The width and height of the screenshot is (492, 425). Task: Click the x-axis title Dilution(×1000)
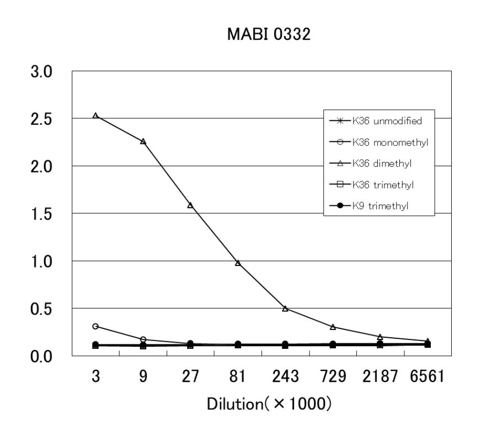click(269, 403)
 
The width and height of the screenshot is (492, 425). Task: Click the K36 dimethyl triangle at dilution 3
click(95, 116)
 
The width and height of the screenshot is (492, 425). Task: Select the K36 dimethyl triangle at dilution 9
click(143, 142)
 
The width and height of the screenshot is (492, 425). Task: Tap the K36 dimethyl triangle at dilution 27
click(190, 205)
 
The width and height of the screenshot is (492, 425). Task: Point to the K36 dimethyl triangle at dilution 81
click(238, 263)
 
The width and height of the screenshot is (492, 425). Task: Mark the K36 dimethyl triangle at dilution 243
click(285, 309)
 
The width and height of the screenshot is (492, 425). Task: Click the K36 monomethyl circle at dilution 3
click(95, 326)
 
